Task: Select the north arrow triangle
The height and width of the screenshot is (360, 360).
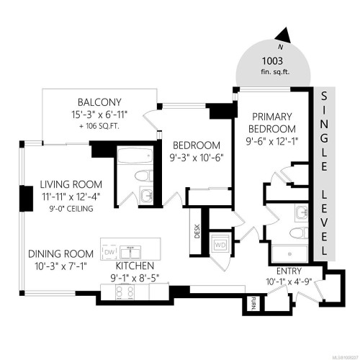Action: point(285,34)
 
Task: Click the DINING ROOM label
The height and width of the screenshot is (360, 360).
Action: point(61,253)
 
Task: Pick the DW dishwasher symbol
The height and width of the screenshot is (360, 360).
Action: point(109,253)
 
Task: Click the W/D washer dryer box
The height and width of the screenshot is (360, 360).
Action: point(220,245)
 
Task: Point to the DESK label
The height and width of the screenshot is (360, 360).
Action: point(197,230)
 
